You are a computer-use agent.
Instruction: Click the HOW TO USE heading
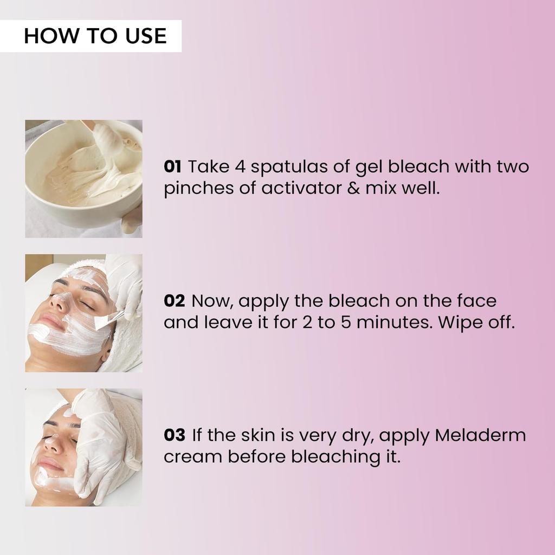pyautogui.click(x=95, y=36)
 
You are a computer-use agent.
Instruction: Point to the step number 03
pyautogui.click(x=174, y=435)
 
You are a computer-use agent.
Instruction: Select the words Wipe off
pyautogui.click(x=475, y=323)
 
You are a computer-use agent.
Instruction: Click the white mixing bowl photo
pyautogui.click(x=83, y=179)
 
